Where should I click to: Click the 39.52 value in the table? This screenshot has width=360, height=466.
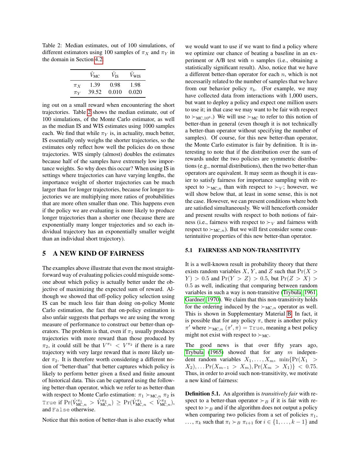95,92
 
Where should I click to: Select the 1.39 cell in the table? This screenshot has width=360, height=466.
95,85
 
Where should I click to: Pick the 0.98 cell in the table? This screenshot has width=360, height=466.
115,85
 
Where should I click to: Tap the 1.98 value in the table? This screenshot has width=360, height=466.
135,85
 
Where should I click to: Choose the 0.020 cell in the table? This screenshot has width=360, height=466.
135,92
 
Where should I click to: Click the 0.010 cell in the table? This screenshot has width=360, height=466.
115,92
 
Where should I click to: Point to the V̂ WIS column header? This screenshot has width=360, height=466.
135,75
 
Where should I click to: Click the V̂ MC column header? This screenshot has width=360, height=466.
95,75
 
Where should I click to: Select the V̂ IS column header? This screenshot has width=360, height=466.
115,75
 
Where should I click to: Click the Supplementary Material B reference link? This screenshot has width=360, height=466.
289,314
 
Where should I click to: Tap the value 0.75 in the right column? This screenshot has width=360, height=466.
311,366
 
